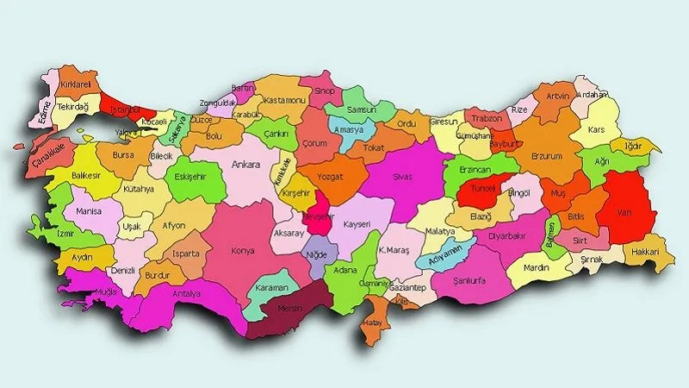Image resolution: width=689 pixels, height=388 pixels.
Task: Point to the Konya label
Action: (x=243, y=251)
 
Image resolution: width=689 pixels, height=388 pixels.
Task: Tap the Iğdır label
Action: (x=633, y=147)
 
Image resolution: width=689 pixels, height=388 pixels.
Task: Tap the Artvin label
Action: (x=557, y=96)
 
